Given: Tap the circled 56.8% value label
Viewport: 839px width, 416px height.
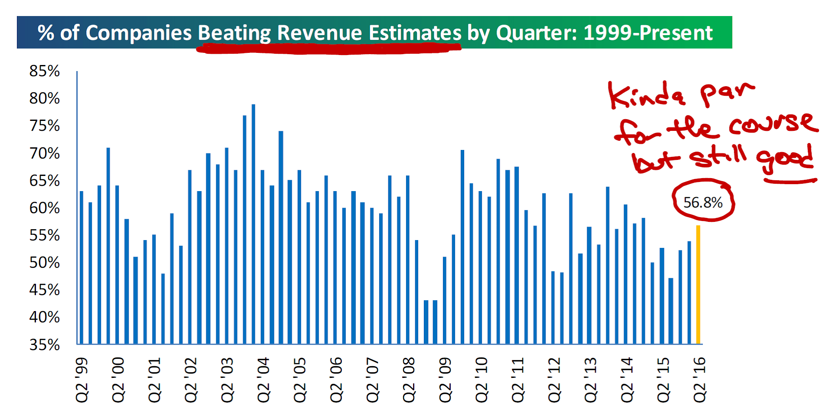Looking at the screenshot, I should pyautogui.click(x=702, y=202).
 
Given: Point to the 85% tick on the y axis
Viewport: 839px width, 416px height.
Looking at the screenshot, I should pyautogui.click(x=44, y=71).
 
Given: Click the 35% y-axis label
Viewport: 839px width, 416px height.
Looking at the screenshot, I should pyautogui.click(x=44, y=345).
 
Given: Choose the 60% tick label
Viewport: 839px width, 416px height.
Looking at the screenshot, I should pyautogui.click(x=44, y=208).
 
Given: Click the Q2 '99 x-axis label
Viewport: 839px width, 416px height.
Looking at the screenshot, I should pyautogui.click(x=81, y=380).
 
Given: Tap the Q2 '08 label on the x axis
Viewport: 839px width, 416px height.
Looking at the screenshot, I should pyautogui.click(x=409, y=380).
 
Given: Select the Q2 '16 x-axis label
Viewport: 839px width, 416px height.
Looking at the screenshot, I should pyautogui.click(x=699, y=380).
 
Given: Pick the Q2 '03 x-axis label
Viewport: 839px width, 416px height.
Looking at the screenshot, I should pyautogui.click(x=227, y=380).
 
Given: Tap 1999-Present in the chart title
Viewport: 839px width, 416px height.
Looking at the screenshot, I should pyautogui.click(x=648, y=33).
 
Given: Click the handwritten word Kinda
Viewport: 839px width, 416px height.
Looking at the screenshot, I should pyautogui.click(x=646, y=95).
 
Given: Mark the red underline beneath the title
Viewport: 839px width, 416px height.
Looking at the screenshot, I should pyautogui.click(x=329, y=49).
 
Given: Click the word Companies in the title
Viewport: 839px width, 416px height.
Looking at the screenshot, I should pyautogui.click(x=139, y=33).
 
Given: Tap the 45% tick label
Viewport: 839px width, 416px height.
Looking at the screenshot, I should pyautogui.click(x=44, y=290).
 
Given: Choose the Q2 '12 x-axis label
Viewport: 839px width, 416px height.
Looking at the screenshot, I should pyautogui.click(x=554, y=380).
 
